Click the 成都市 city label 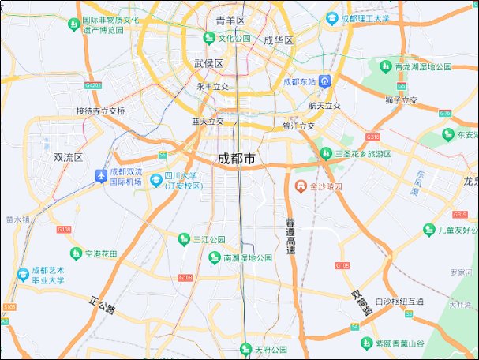point(237,159)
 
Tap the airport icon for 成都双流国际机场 point(101,176)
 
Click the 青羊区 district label point(230,20)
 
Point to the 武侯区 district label point(208,63)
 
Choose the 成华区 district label point(279,40)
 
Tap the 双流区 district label point(68,157)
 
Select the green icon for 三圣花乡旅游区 point(325,153)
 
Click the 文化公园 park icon point(209,38)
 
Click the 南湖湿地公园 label point(248,258)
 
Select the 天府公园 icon point(245,349)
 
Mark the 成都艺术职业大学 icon point(22,275)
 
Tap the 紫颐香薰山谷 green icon point(366,343)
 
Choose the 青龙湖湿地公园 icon point(386,67)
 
